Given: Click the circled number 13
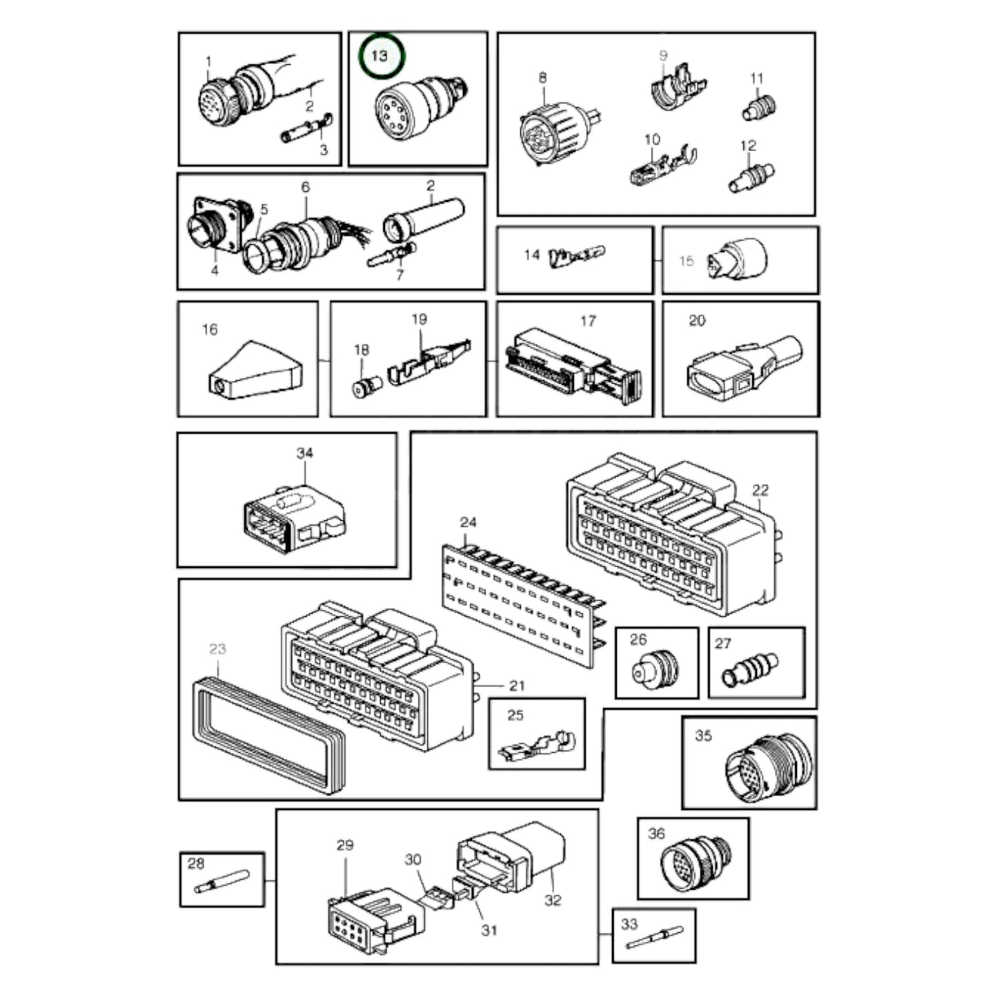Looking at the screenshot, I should tap(379, 55).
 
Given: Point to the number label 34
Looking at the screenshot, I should tap(304, 453).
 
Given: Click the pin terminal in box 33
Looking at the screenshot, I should tap(653, 940).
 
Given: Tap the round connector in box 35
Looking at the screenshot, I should tap(768, 765).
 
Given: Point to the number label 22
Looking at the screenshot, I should tap(760, 491).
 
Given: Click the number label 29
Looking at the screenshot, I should tap(344, 845).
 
